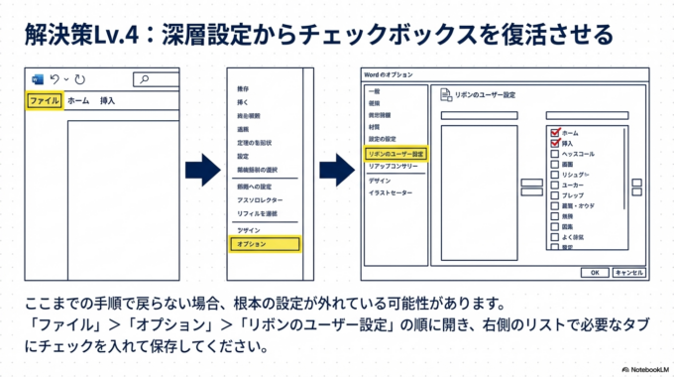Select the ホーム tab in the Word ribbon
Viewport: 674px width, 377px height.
(78, 100)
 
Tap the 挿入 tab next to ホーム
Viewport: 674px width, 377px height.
(108, 100)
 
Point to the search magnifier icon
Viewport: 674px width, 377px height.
(145, 79)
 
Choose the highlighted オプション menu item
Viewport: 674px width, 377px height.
(263, 243)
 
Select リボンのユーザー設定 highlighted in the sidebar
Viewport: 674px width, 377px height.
(395, 154)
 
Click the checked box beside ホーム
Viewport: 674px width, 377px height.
(555, 132)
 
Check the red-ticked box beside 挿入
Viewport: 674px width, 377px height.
(555, 144)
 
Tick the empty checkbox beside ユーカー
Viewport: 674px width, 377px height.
(555, 186)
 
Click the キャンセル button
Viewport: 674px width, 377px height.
(629, 271)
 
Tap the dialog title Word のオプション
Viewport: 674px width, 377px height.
(389, 75)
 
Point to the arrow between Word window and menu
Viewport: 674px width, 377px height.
(201, 170)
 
